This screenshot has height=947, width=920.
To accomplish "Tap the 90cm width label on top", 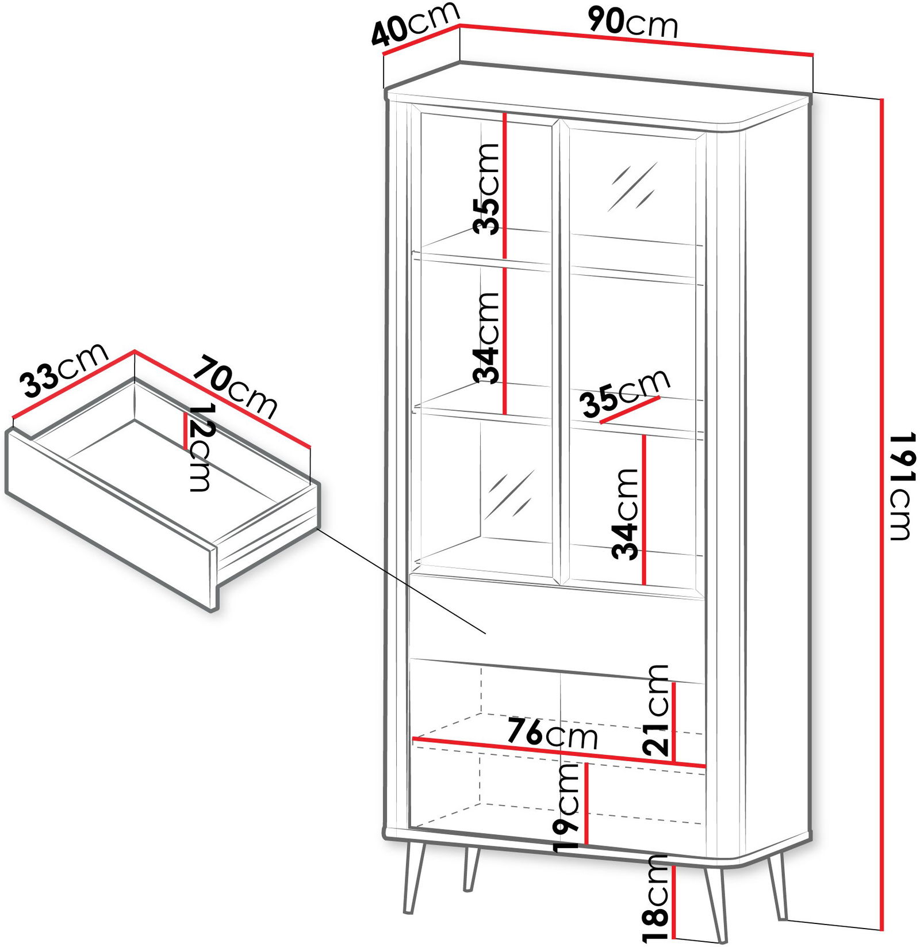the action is click(633, 23).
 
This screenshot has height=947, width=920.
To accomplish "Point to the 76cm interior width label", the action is click(553, 734).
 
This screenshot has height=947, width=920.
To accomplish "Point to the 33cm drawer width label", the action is click(64, 370).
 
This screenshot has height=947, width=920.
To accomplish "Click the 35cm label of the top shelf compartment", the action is click(486, 189).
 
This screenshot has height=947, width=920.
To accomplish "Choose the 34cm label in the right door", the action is click(626, 514).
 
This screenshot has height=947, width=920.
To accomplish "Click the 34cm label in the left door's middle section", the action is click(486, 337).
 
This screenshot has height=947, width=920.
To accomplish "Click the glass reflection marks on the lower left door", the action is click(509, 494).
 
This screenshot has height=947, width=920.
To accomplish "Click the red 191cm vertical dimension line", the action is click(881, 514).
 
